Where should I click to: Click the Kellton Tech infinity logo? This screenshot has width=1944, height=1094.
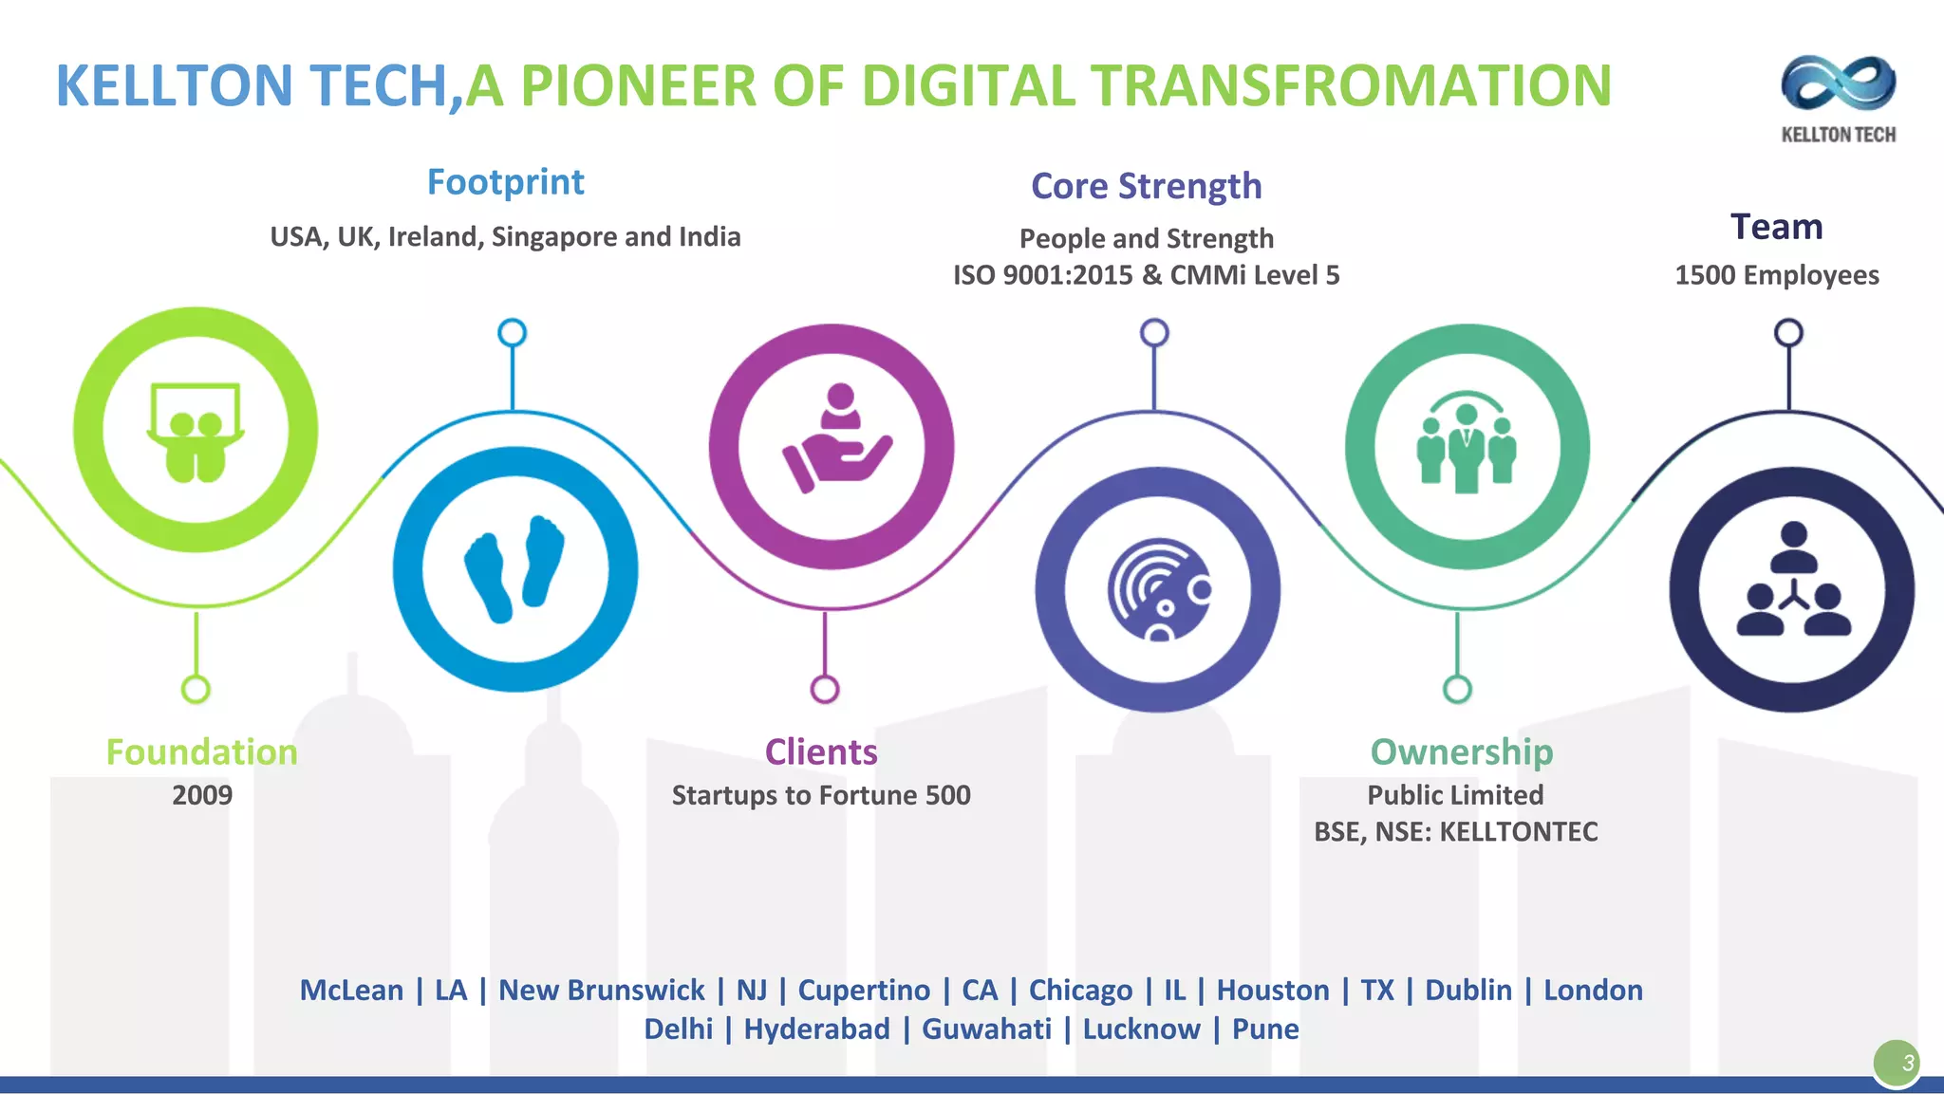click(1838, 83)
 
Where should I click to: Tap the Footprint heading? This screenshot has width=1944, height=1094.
click(505, 182)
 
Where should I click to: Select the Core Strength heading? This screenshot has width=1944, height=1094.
click(1146, 186)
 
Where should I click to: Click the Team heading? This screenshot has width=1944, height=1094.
click(1776, 227)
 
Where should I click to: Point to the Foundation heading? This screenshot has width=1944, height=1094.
click(201, 751)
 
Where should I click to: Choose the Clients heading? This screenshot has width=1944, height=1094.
click(821, 751)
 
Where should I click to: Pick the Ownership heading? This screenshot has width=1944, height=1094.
click(1461, 751)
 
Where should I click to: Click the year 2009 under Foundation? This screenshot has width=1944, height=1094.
click(201, 795)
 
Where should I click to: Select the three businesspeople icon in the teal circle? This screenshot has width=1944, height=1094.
click(1467, 443)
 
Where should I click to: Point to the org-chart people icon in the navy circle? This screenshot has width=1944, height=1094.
click(1793, 581)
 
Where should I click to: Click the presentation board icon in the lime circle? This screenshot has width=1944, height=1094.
click(196, 432)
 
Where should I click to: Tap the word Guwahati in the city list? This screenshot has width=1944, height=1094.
click(986, 1029)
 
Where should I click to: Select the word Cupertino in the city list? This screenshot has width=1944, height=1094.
click(864, 991)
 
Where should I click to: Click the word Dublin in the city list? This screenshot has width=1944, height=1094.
click(1467, 991)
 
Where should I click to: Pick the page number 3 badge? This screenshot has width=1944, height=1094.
click(1897, 1063)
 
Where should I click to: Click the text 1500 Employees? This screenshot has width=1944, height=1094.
click(1776, 275)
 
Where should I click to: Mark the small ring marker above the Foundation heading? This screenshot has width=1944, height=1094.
click(196, 689)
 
